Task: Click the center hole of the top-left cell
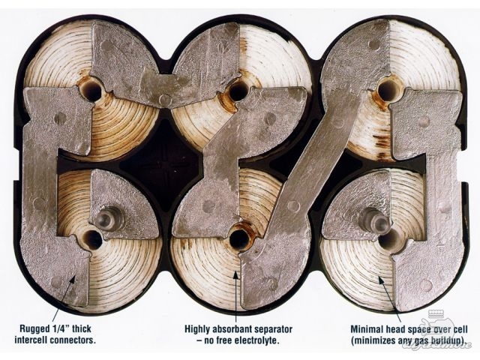pos(92,91)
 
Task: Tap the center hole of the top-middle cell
pos(238,91)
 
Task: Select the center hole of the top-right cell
pos(388,89)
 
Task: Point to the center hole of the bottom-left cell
pos(91,239)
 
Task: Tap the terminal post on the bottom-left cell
pos(106,218)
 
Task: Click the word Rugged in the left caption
pos(33,329)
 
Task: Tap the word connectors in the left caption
pos(72,340)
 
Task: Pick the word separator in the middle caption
pos(270,330)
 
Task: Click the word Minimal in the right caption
pos(364,330)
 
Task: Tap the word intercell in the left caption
pos(31,340)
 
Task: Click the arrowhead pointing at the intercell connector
pos(73,279)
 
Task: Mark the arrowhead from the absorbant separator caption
pos(235,275)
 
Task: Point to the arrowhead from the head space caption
pos(381,280)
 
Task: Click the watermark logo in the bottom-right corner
pos(442,331)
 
